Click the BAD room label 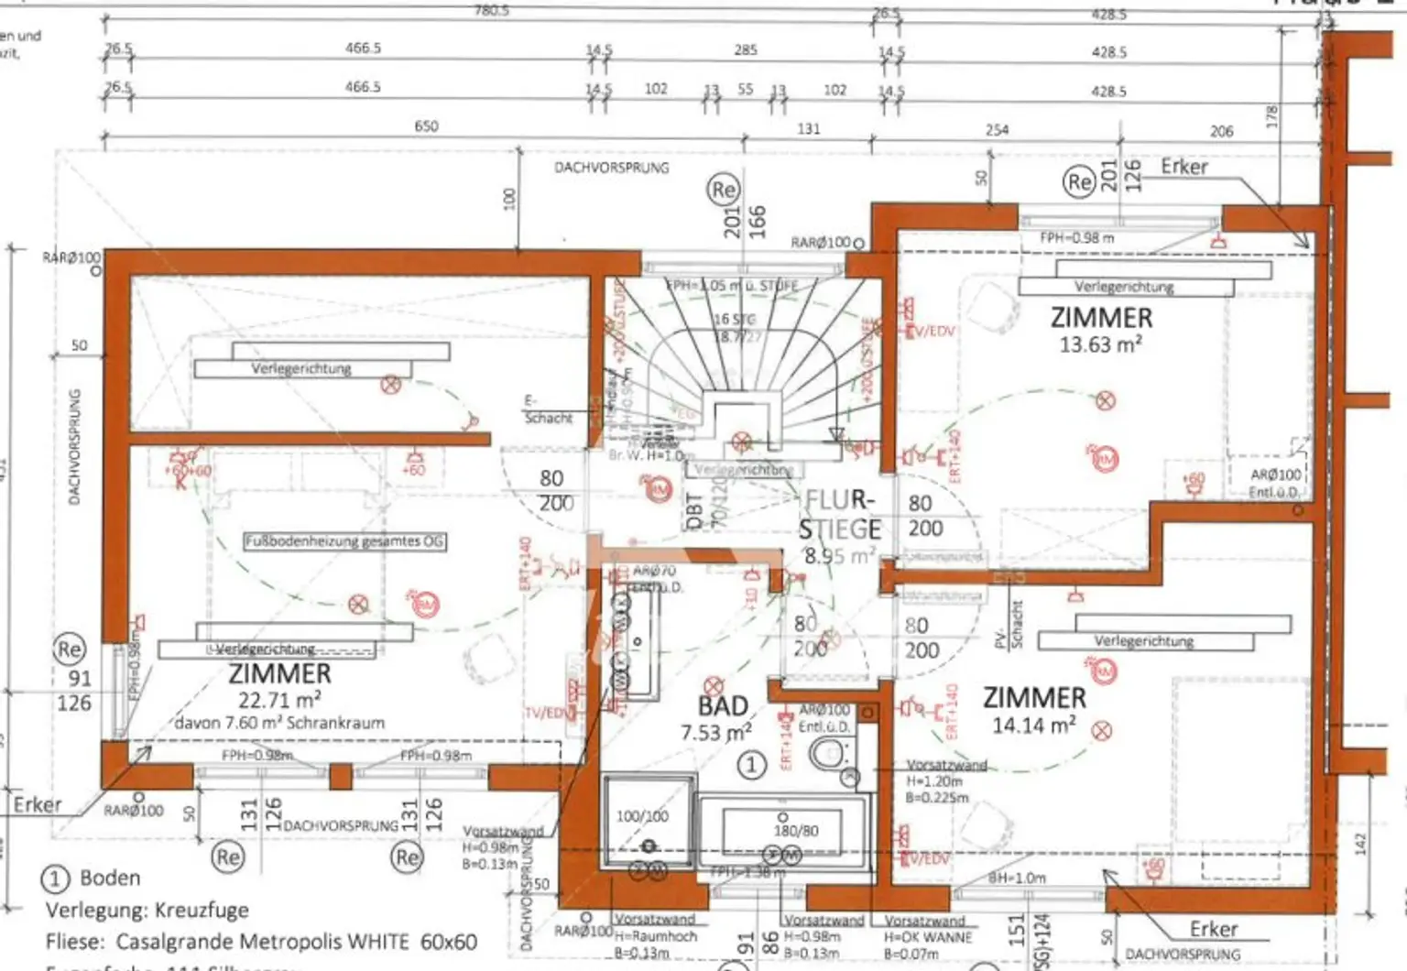(723, 706)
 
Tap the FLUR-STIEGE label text (839, 515)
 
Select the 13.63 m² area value (1100, 345)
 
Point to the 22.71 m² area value (279, 701)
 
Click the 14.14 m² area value (1034, 726)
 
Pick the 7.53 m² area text (715, 733)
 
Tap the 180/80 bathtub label (796, 831)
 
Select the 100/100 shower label (642, 815)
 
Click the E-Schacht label (548, 409)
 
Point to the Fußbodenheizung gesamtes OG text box (344, 541)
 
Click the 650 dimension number (426, 125)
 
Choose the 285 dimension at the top (746, 49)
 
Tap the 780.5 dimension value (491, 10)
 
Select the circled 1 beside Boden (55, 878)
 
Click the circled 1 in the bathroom (752, 765)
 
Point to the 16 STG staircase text (734, 320)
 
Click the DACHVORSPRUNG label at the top (611, 168)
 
